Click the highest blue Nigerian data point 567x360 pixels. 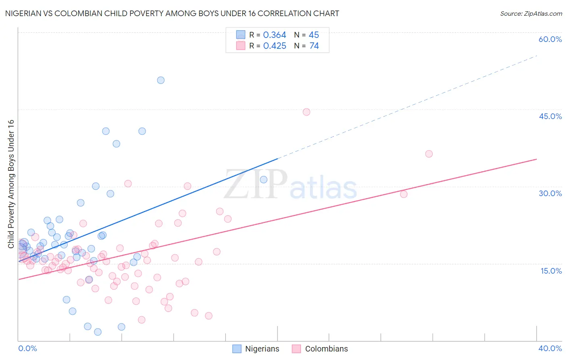click(161, 80)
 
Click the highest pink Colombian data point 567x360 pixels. click(306, 112)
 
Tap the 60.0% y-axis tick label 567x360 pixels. click(550, 39)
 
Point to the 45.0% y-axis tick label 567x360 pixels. click(550, 116)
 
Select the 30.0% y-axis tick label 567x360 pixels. click(550, 193)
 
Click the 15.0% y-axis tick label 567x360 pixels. click(551, 271)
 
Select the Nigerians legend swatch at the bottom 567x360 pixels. click(237, 349)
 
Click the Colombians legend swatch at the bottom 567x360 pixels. click(296, 349)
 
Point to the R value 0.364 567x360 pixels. click(275, 35)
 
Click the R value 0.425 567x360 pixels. click(275, 46)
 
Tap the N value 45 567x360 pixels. click(314, 35)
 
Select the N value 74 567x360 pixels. click(314, 46)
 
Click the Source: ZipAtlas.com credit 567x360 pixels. click(531, 14)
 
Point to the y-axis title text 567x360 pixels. click(11, 184)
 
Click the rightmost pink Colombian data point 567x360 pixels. click(429, 154)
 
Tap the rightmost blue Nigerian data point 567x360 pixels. click(264, 180)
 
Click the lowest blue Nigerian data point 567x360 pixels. click(98, 332)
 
